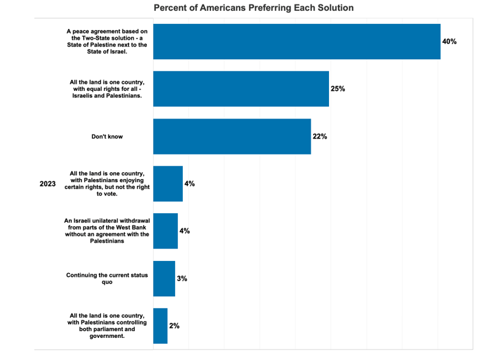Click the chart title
pyautogui.click(x=253, y=8)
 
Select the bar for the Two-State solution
pyautogui.click(x=296, y=42)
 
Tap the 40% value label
pyautogui.click(x=449, y=42)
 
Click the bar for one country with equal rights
pyautogui.click(x=241, y=89)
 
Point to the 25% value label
pyautogui.click(x=338, y=89)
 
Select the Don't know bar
pyautogui.click(x=232, y=136)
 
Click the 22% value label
pyautogui.click(x=320, y=136)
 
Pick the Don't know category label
pyautogui.click(x=107, y=136)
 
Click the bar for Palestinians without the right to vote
pyautogui.click(x=168, y=183)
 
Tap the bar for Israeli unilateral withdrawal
pyautogui.click(x=165, y=231)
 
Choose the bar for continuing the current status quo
pyautogui.click(x=164, y=278)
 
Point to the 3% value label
pyautogui.click(x=182, y=278)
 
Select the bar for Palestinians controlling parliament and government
pyautogui.click(x=160, y=325)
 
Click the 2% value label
pyautogui.click(x=175, y=325)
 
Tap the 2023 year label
pyautogui.click(x=48, y=184)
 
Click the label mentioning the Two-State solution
pyautogui.click(x=107, y=42)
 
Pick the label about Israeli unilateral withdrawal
pyautogui.click(x=107, y=231)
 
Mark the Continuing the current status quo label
pyautogui.click(x=107, y=279)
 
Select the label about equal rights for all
pyautogui.click(x=107, y=89)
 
